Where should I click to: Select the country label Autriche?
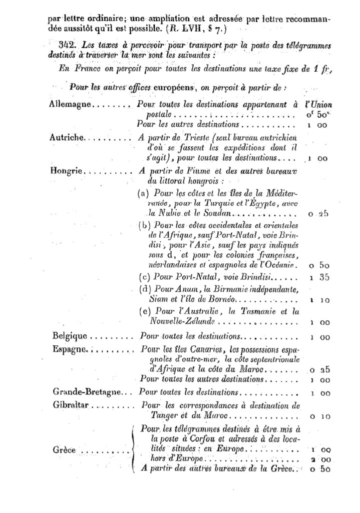tap(67, 137)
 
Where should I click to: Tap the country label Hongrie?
tap(66, 170)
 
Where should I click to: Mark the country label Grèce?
tap(64, 449)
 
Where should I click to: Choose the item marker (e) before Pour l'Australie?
tap(144, 311)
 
